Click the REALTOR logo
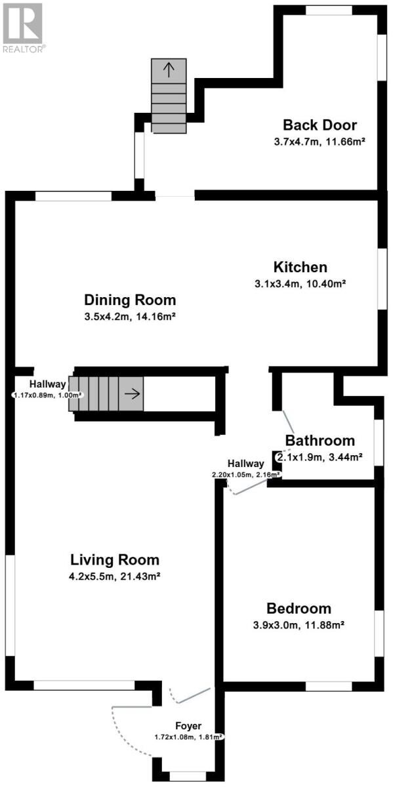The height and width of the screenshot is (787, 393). tap(22, 28)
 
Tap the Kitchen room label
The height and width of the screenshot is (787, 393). tap(300, 267)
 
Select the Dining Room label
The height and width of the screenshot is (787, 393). tap(130, 300)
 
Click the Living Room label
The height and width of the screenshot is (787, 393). tap(115, 559)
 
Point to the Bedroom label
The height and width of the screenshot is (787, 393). tap(299, 608)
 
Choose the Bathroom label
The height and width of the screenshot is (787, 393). tap(320, 441)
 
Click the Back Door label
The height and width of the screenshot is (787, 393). tap(320, 125)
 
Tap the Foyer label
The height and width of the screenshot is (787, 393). tap(188, 725)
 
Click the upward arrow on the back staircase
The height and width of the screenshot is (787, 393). tap(169, 70)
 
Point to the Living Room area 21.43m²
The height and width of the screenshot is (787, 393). tap(138, 576)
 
